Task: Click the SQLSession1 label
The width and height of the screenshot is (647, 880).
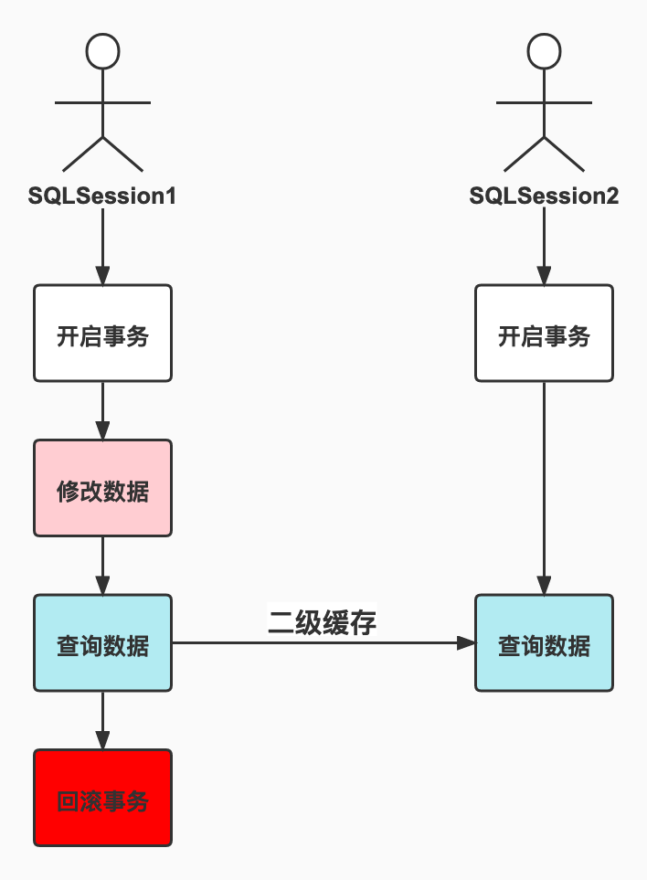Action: click(x=102, y=196)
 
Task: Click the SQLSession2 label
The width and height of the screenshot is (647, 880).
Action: click(x=544, y=196)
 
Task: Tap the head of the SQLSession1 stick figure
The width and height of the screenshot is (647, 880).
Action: click(x=102, y=51)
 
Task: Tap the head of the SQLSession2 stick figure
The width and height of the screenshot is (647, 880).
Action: click(x=544, y=51)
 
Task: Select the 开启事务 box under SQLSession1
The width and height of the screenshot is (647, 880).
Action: click(x=102, y=334)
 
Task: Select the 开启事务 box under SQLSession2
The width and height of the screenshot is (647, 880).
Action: click(x=544, y=334)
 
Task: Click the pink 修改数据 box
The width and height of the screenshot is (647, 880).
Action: click(x=102, y=488)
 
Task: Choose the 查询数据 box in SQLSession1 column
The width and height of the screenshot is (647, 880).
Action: click(x=102, y=643)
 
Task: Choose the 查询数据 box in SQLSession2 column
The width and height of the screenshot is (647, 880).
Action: click(x=544, y=643)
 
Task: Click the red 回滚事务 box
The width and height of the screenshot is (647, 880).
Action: click(x=102, y=798)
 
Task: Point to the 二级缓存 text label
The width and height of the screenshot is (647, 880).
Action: click(x=322, y=621)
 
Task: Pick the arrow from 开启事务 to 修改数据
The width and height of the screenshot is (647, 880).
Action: click(x=102, y=410)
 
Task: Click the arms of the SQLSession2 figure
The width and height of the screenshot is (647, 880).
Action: click(x=544, y=103)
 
